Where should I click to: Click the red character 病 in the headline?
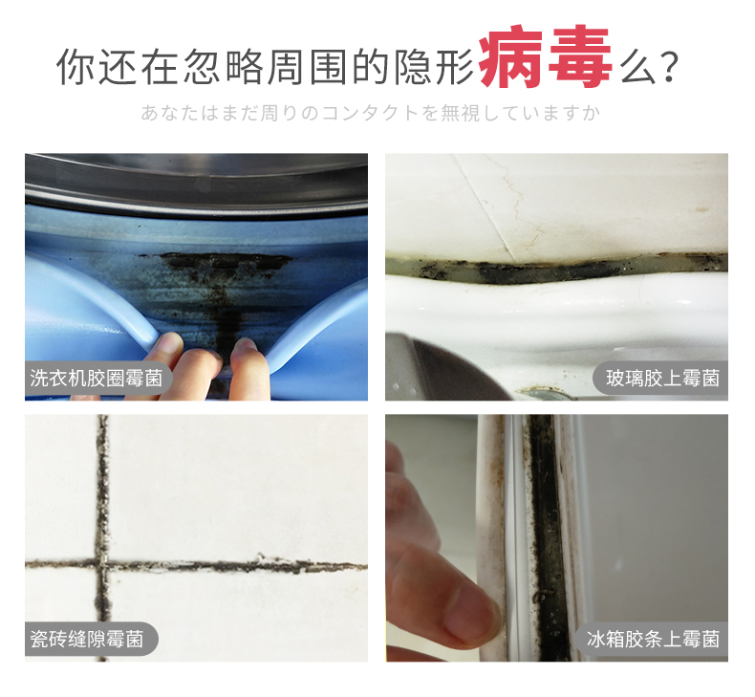510,56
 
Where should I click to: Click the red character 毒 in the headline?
580,56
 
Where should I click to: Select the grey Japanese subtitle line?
370,113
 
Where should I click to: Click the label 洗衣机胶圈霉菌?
97,378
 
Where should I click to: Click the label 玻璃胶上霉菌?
662,378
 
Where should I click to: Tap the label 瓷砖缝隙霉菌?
87,640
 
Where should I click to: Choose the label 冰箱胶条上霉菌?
653,640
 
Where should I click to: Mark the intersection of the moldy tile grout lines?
102,562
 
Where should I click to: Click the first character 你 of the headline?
75,67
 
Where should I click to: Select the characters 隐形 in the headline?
434,67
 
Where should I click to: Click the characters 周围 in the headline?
307,67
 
